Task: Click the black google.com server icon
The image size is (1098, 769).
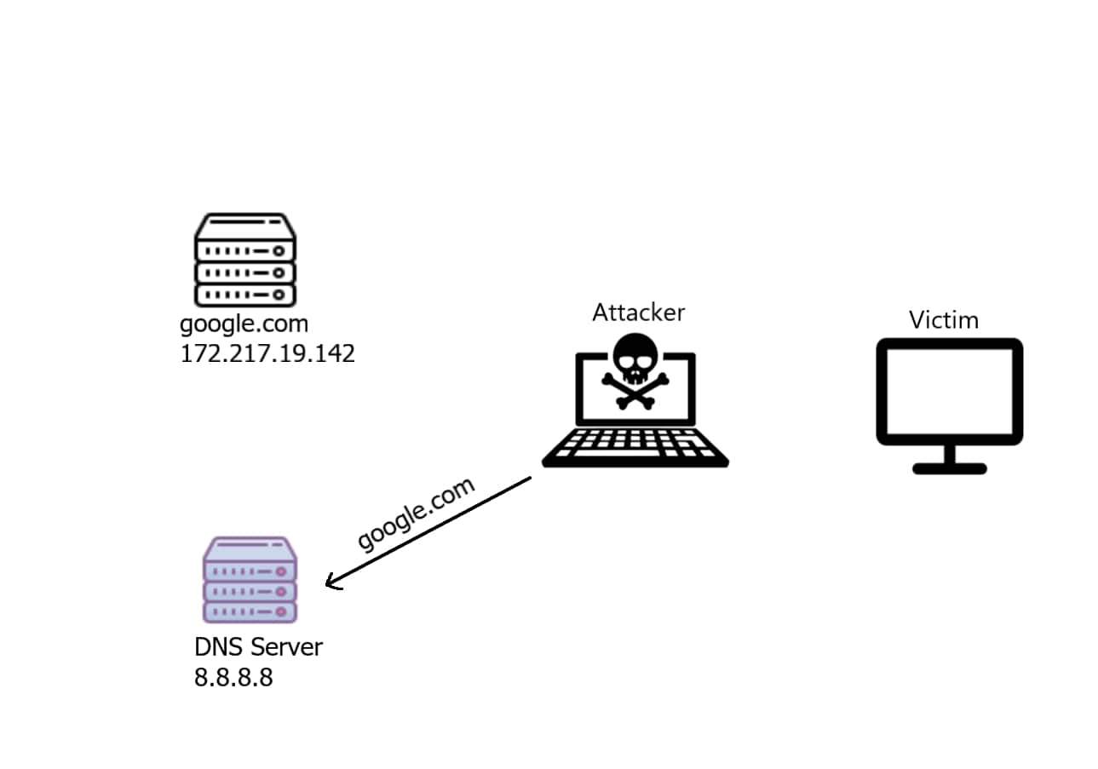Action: click(x=245, y=260)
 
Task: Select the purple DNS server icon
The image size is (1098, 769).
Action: click(x=249, y=580)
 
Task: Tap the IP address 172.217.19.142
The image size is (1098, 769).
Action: click(x=267, y=353)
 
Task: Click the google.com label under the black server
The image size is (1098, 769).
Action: click(x=244, y=324)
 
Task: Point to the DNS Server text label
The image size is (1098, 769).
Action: click(x=258, y=647)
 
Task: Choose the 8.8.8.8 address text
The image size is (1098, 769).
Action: click(x=233, y=678)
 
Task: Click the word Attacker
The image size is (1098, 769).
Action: click(x=638, y=313)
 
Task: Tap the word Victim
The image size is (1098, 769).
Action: click(x=943, y=320)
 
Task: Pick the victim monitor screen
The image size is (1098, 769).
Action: click(x=949, y=391)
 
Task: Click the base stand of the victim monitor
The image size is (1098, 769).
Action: click(x=949, y=468)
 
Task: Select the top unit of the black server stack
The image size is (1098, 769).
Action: click(x=245, y=249)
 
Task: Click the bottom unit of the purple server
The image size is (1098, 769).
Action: click(x=249, y=611)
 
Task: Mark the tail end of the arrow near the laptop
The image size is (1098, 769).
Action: click(x=528, y=479)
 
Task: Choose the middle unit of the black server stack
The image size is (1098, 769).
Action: click(x=245, y=273)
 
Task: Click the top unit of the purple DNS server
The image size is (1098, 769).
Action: click(x=249, y=568)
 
